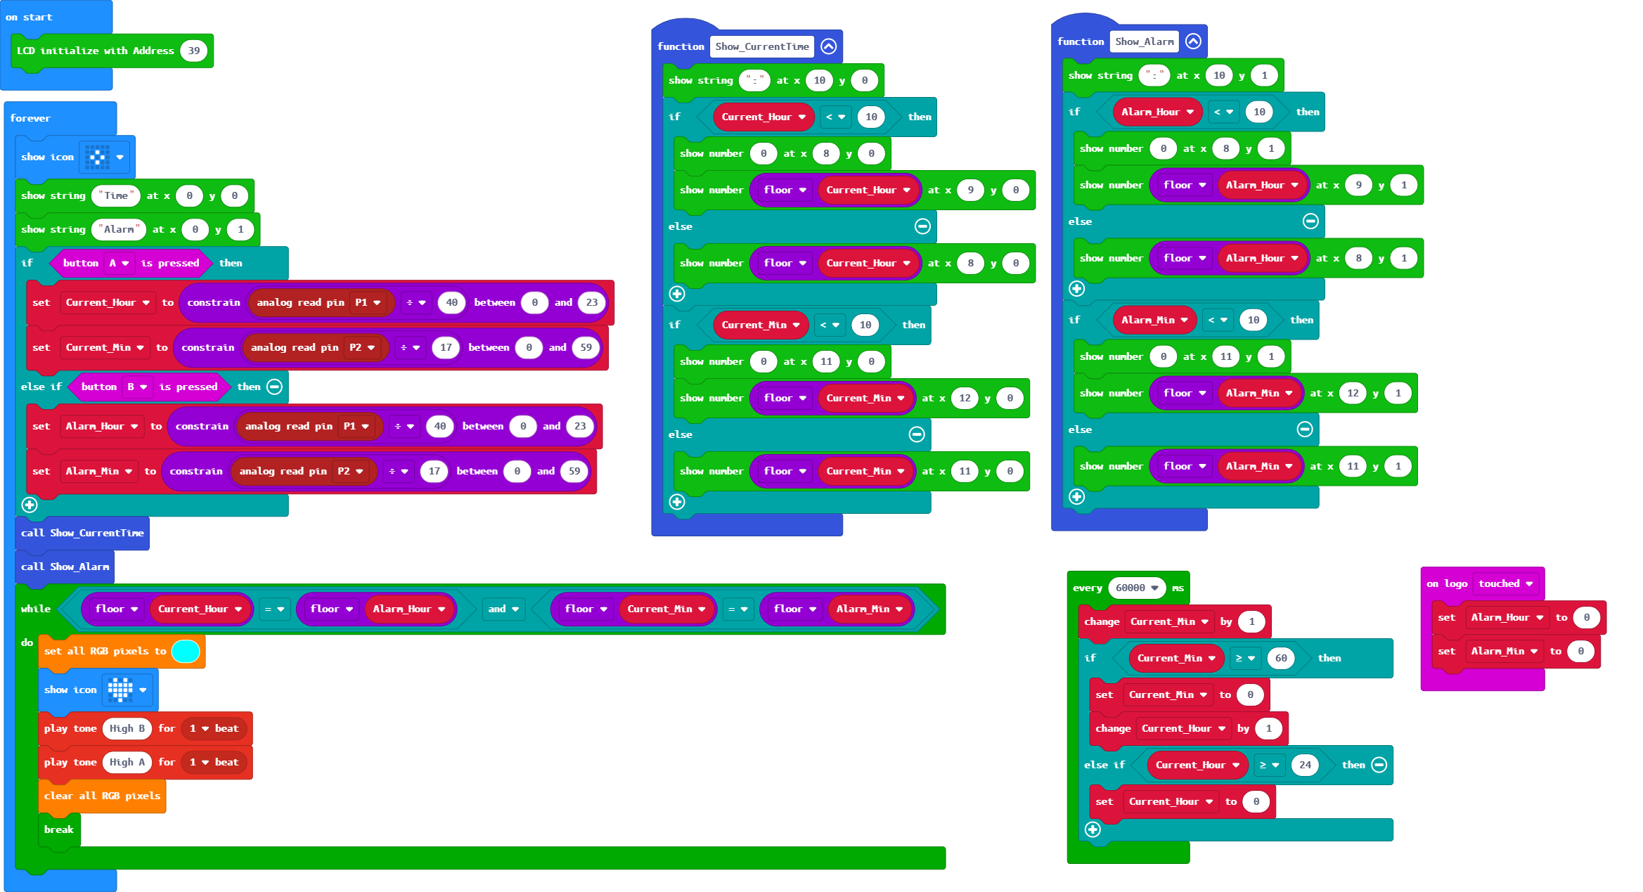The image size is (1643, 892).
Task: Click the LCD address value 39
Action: [194, 51]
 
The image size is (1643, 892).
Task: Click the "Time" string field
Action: [116, 195]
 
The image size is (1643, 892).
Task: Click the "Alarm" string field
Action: [119, 229]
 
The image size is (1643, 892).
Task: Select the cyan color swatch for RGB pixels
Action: [186, 651]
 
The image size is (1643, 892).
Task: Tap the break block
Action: [59, 829]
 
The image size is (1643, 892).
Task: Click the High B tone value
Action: [127, 728]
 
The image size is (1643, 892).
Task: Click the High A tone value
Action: [127, 762]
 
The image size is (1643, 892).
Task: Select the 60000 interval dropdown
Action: [1137, 588]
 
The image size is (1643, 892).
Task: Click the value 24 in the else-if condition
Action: [1305, 765]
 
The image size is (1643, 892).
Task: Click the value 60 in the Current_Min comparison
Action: [1281, 658]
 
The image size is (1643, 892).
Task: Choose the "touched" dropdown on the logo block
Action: [1505, 583]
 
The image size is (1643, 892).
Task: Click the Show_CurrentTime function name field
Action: [762, 46]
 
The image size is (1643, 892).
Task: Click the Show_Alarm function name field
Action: [1145, 41]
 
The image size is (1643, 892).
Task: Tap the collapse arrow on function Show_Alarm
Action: [1193, 41]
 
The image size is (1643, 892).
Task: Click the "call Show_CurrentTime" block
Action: [82, 533]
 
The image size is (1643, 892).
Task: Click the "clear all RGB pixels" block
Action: [102, 796]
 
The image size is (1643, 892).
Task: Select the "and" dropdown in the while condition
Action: [503, 609]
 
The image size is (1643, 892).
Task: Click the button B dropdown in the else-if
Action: [136, 387]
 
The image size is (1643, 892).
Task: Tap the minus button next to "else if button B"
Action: [275, 387]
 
